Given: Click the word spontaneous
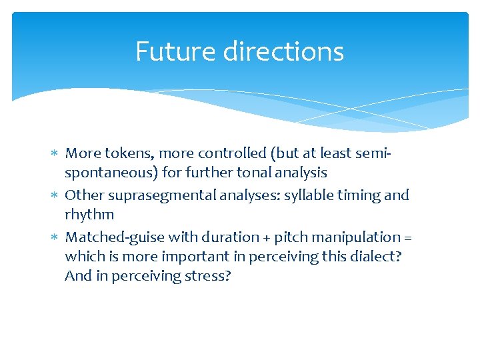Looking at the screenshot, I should pyautogui.click(x=111, y=173).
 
